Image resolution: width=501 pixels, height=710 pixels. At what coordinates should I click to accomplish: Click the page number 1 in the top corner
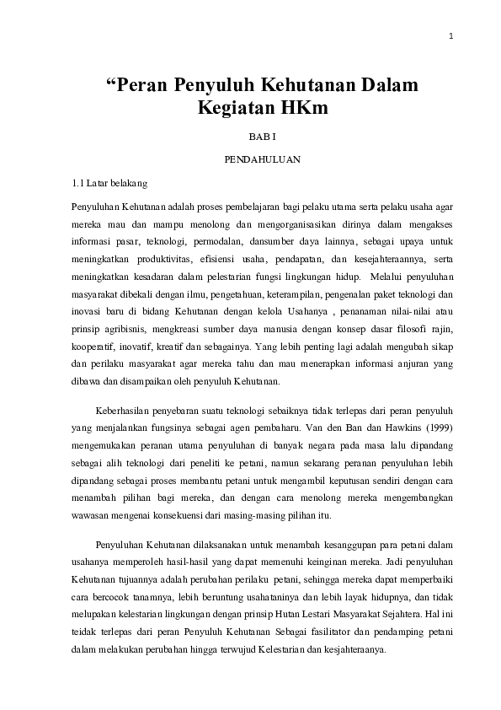click(451, 36)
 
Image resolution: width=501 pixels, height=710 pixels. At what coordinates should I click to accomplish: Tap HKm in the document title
click(302, 108)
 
